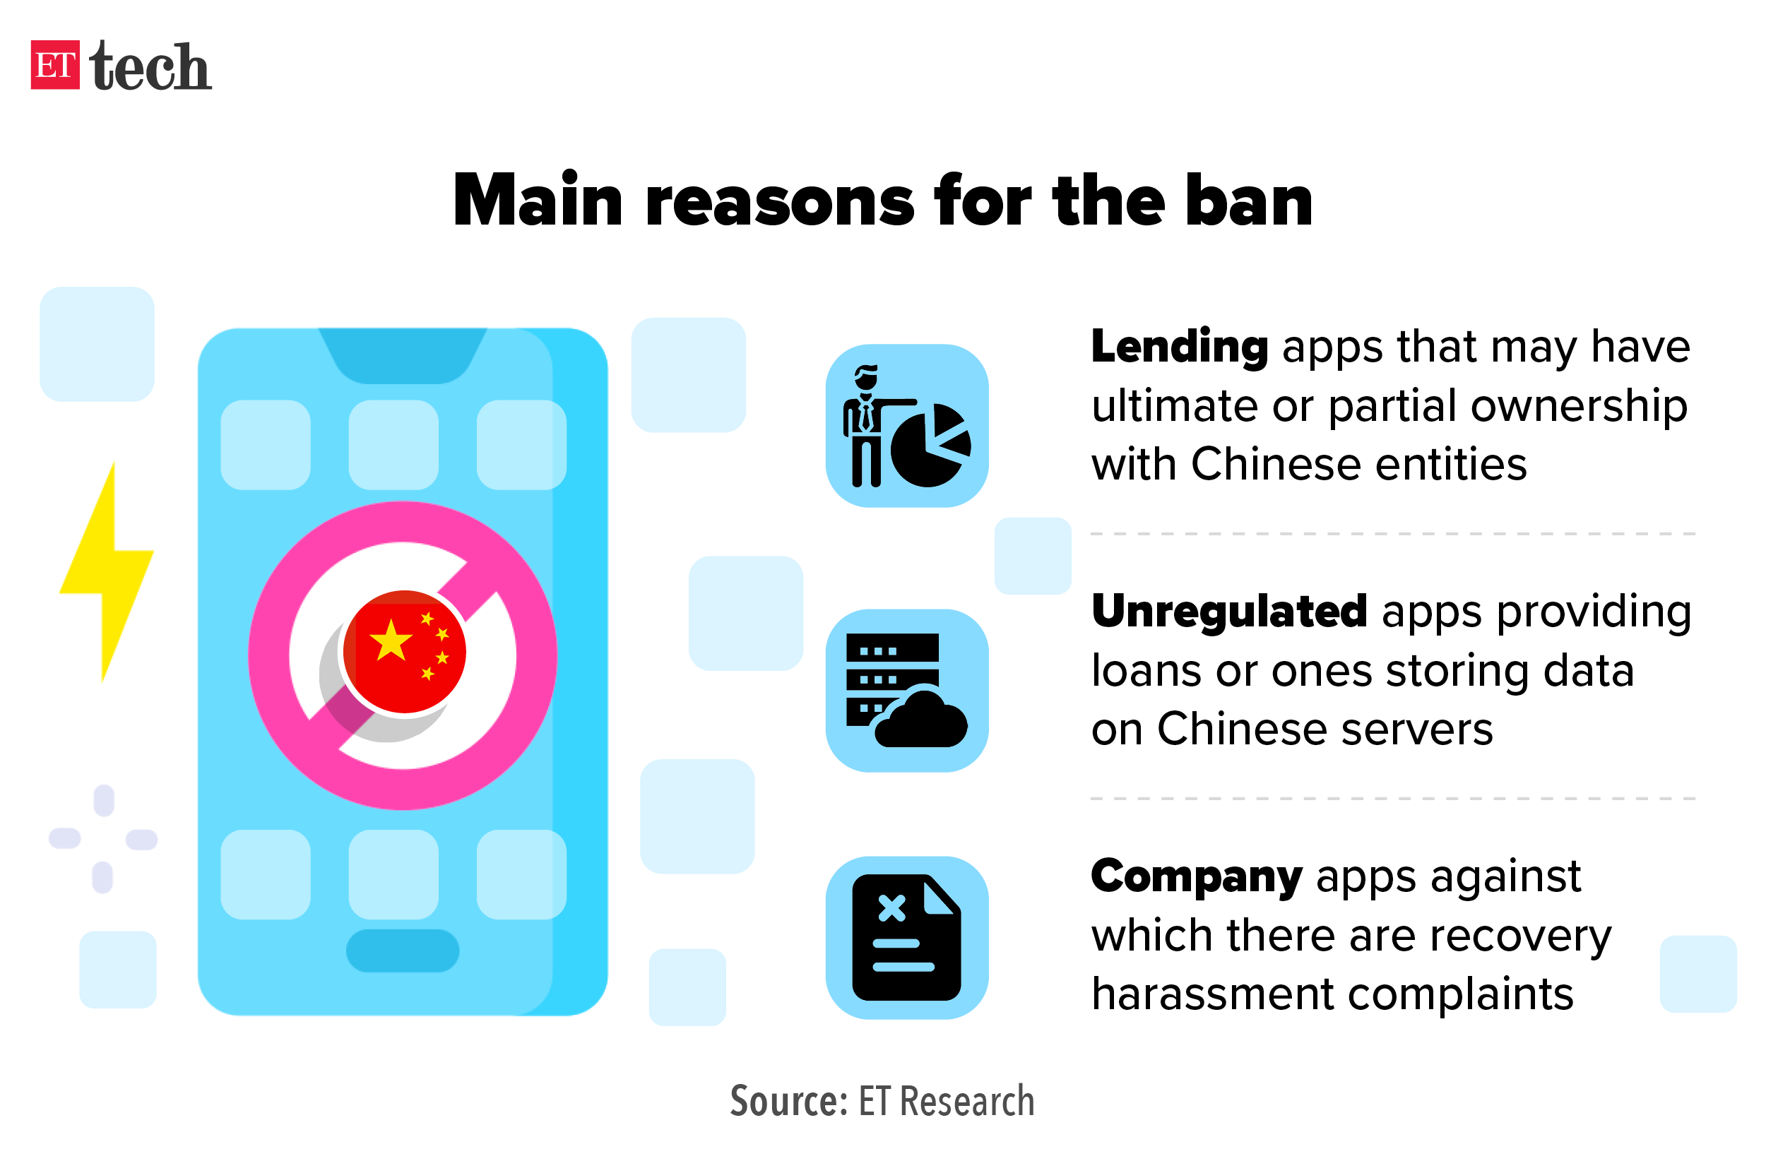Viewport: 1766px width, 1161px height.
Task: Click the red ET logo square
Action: tap(55, 64)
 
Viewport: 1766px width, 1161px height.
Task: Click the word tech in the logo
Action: tap(150, 67)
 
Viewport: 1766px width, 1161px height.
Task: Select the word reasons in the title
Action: tap(779, 202)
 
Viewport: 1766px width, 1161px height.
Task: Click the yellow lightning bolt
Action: tap(107, 571)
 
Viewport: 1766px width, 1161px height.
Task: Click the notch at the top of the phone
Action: tap(402, 355)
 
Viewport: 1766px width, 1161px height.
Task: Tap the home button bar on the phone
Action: tap(402, 951)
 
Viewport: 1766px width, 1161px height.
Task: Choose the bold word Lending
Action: tap(1179, 347)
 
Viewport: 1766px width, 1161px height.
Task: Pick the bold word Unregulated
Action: tap(1228, 612)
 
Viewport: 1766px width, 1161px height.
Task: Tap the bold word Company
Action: tap(1196, 877)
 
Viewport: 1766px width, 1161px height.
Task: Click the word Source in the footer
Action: tap(788, 1101)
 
